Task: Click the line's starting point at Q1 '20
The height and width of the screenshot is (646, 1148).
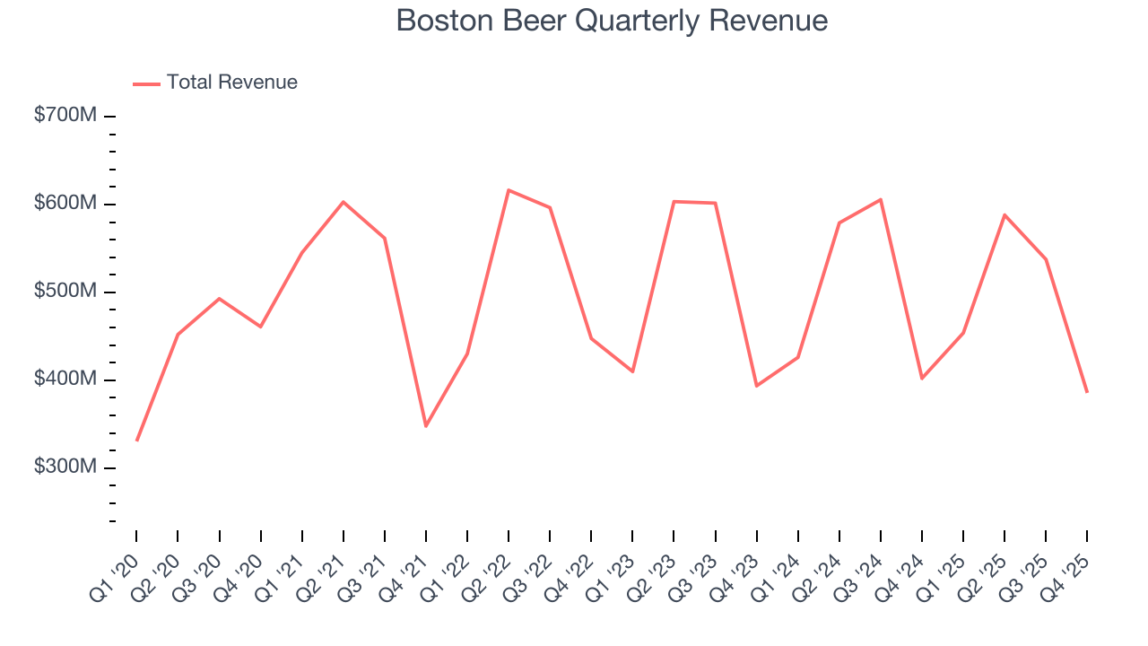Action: pos(136,441)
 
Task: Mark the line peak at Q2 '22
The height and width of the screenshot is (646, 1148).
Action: pos(509,190)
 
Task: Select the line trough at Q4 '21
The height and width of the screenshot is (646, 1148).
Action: pos(426,426)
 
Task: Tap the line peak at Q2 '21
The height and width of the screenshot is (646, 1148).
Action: pos(343,202)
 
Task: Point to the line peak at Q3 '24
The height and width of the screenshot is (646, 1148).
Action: pos(881,199)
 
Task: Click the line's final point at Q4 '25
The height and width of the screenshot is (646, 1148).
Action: pos(1087,392)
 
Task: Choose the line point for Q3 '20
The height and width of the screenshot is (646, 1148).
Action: pos(219,299)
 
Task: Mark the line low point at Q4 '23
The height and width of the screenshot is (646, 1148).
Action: pos(756,386)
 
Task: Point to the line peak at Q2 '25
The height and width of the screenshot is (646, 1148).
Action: pos(1004,214)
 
